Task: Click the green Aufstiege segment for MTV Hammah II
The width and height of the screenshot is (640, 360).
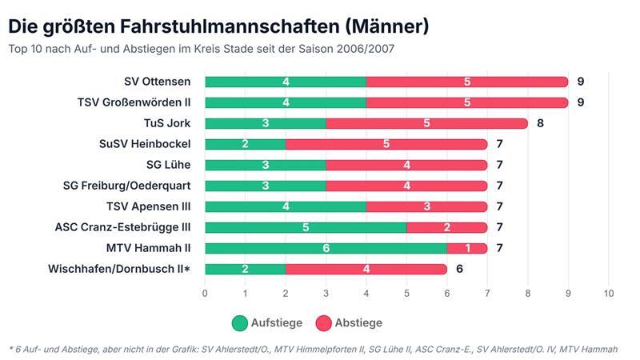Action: pos(326,248)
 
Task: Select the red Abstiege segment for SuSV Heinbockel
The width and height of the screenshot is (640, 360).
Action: pos(386,144)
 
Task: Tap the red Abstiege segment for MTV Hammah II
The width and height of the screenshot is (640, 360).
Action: pos(467,248)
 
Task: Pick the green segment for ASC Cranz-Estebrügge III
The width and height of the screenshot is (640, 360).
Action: pos(306,227)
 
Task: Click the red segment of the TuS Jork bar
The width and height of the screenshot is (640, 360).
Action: pos(426,123)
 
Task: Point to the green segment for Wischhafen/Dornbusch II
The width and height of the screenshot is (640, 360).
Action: pos(245,269)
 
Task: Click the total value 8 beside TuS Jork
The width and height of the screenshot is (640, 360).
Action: pos(540,123)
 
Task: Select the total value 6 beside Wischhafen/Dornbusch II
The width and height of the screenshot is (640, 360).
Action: pos(459,269)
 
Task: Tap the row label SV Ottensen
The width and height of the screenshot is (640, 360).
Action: pos(157,82)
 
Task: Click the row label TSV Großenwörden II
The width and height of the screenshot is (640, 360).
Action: pos(134,102)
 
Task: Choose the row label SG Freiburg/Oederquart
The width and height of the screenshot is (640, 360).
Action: pos(127,186)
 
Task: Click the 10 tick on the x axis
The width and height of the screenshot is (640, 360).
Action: pos(609,294)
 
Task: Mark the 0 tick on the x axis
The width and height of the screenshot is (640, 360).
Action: pos(205,294)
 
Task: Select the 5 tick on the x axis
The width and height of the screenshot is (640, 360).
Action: pos(406,294)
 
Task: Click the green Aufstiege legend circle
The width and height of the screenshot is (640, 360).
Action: pos(239,323)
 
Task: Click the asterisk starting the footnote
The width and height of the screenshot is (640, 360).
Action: pos(12,349)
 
